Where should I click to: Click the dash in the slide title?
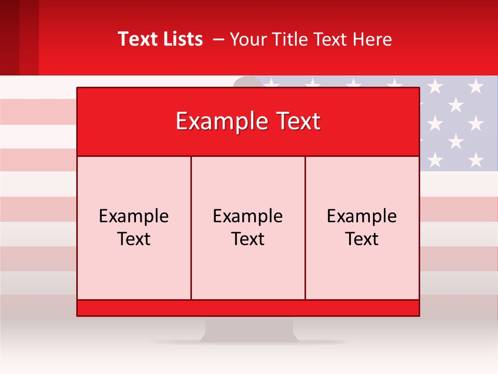click(x=218, y=39)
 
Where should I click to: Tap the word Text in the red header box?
click(x=298, y=122)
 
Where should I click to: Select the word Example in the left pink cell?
click(x=134, y=216)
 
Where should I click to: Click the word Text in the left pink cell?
click(x=134, y=239)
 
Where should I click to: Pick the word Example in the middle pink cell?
click(x=248, y=216)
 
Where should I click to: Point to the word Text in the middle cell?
click(x=248, y=239)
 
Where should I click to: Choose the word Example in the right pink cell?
click(x=362, y=216)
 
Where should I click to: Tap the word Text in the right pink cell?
click(x=362, y=239)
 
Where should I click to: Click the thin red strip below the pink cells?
click(x=248, y=308)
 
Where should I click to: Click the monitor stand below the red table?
click(x=249, y=327)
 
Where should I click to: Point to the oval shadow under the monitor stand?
click(x=249, y=342)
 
